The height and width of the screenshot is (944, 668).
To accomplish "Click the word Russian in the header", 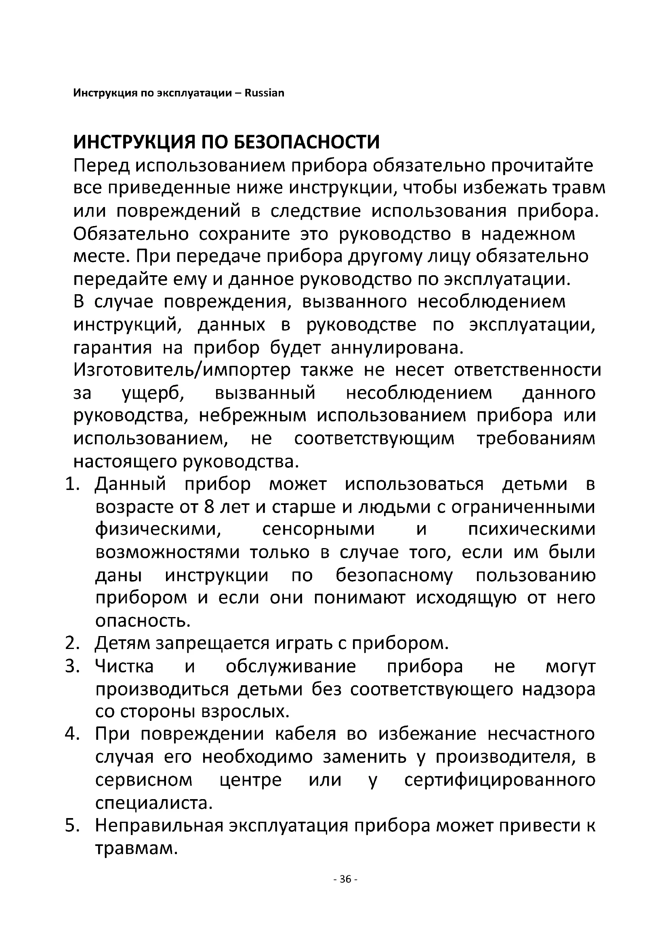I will coord(264,93).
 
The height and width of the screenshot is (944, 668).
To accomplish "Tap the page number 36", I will coord(346,879).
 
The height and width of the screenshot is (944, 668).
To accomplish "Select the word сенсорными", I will coord(318,530).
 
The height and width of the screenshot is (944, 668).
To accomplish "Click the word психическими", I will coord(531,530).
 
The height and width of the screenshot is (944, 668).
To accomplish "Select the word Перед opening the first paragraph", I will coord(101,166).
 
